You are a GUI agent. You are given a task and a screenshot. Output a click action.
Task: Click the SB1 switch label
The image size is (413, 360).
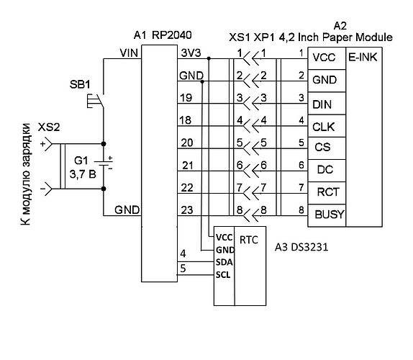coord(80,84)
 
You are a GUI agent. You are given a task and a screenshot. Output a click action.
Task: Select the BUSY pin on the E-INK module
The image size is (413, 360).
coord(330,215)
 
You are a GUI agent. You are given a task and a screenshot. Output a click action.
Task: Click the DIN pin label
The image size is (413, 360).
coord(322,104)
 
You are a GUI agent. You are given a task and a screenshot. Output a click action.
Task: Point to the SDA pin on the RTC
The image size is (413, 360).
coord(224,262)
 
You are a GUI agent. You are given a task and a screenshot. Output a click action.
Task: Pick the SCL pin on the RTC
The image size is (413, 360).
coord(223,275)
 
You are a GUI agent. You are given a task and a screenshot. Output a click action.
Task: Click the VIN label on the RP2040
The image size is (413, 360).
coord(129,53)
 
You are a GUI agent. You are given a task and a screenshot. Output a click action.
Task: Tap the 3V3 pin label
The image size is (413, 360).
coord(191,53)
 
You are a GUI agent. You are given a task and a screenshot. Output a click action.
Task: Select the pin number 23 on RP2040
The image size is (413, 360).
coord(187,210)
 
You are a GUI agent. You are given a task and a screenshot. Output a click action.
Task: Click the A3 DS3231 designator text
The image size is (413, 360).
coord(301,247)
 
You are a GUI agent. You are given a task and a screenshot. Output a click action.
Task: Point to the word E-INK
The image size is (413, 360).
coord(363,57)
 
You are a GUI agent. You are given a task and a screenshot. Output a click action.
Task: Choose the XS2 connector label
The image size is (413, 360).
coord(49,127)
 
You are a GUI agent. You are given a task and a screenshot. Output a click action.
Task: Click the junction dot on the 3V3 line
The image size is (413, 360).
coord(209,58)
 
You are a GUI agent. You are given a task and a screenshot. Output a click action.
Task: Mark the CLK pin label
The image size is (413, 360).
coord(324,127)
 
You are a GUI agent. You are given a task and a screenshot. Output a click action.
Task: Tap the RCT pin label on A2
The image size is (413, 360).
coord(328,192)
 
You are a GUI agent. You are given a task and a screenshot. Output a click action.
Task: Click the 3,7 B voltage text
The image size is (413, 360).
coord(83,174)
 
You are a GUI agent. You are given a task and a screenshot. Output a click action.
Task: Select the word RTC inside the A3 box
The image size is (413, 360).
coord(249,240)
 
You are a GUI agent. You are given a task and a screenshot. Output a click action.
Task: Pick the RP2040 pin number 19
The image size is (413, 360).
coord(186,98)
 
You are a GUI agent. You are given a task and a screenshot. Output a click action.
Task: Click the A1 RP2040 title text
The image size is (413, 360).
coord(163,35)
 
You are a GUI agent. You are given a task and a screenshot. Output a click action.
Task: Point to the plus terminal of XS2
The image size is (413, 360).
coord(47,144)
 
